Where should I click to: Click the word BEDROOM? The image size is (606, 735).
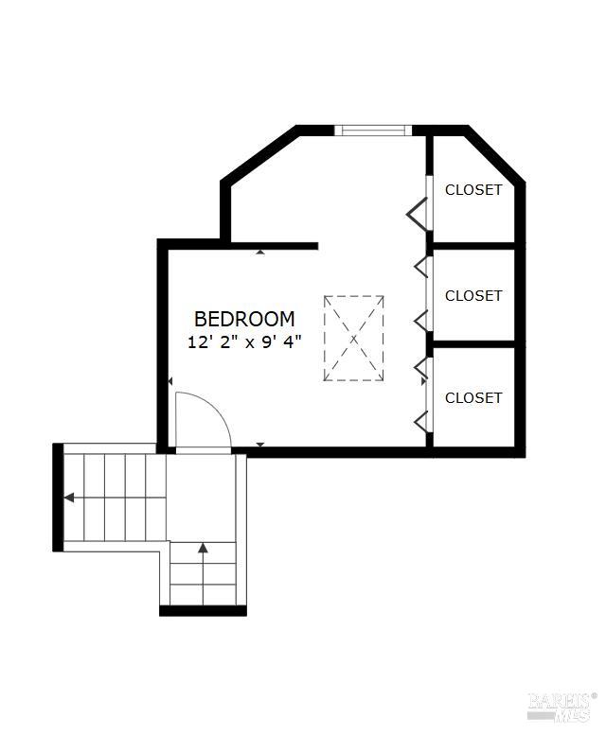[244, 319]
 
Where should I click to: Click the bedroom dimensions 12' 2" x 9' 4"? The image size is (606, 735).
[244, 342]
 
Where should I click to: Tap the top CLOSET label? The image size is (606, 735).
[473, 190]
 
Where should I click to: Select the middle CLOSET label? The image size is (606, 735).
[473, 296]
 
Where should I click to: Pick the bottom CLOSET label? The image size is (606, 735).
[473, 398]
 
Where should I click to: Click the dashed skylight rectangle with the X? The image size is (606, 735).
[353, 338]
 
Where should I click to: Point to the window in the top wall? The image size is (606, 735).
[373, 131]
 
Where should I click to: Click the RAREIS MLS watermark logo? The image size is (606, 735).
[561, 707]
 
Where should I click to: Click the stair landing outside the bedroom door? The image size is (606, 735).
[201, 498]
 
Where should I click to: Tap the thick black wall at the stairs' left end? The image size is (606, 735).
[58, 498]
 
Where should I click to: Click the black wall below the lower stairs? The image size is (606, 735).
[203, 611]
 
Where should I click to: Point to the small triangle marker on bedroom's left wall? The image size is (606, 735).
[170, 381]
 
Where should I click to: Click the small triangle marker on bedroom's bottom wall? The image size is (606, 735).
[260, 445]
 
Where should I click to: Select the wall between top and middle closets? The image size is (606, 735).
[473, 246]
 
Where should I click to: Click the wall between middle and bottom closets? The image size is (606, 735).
[473, 344]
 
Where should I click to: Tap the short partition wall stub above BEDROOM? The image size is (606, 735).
[275, 246]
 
